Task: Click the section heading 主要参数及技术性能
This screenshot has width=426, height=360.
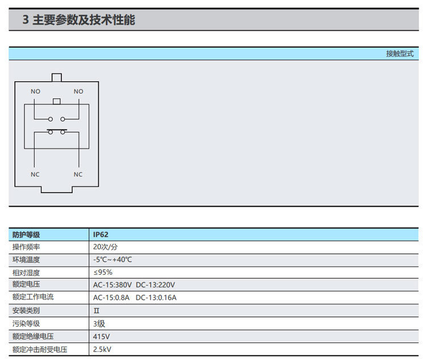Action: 83,20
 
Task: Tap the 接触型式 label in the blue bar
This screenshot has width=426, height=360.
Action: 400,53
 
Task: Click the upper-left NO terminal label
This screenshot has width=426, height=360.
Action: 35,91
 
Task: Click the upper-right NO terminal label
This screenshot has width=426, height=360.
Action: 78,91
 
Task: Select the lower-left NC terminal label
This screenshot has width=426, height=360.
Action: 35,174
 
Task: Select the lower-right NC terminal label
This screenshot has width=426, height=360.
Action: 78,174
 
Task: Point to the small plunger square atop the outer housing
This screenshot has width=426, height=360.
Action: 57,77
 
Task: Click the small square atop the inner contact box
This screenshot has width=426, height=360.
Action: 56,101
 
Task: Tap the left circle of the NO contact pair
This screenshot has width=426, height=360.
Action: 50,119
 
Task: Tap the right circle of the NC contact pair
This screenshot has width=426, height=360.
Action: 62,132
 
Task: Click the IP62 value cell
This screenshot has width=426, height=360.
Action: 101,235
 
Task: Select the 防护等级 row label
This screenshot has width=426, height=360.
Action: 26,235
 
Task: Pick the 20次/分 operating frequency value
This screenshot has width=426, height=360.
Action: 106,247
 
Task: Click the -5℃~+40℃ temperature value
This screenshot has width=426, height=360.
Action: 112,259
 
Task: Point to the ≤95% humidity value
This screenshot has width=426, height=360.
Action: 103,272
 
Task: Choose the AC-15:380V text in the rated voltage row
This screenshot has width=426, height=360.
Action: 112,284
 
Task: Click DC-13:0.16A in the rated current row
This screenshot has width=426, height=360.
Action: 156,298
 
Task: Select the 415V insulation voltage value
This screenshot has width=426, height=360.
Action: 101,337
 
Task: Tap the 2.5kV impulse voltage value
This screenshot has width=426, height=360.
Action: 102,349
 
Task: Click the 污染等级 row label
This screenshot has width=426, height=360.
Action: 26,324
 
